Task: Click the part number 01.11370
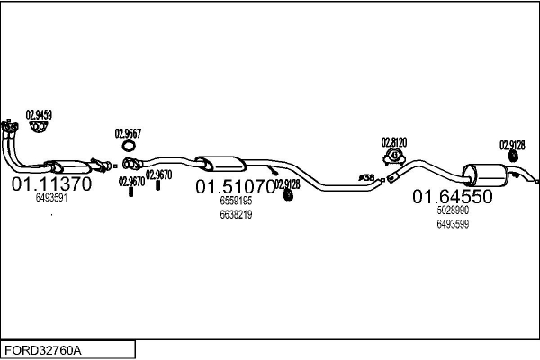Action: [50, 184]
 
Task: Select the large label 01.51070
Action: [235, 186]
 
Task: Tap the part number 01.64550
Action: [453, 196]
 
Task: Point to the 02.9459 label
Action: [39, 114]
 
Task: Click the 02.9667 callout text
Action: [128, 133]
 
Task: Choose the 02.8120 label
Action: [394, 141]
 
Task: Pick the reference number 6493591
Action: [51, 198]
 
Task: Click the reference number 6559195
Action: [236, 202]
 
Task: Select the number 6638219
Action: [236, 215]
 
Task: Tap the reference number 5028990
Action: [453, 211]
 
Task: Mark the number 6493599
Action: [453, 224]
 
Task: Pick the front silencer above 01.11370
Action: [67, 166]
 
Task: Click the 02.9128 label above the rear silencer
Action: [512, 145]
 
